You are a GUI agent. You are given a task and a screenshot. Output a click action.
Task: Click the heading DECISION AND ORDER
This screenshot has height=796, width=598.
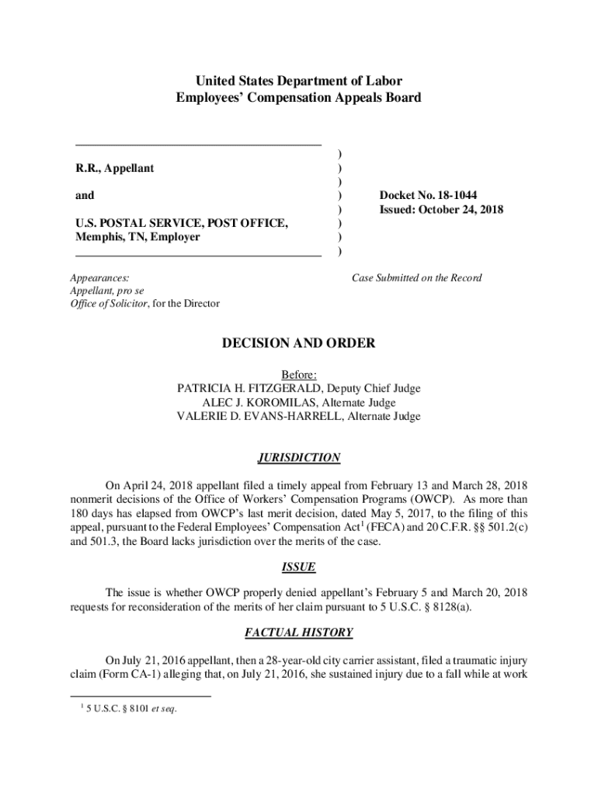(x=299, y=343)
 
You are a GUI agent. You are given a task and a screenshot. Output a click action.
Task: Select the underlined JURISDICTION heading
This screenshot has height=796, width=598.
(x=299, y=458)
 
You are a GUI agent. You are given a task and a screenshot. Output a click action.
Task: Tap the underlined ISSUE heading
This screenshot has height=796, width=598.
(x=299, y=567)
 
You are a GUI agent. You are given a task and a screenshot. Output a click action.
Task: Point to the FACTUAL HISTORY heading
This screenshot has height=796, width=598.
(x=299, y=633)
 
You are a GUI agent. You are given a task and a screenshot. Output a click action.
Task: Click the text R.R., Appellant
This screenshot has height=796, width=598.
(x=114, y=168)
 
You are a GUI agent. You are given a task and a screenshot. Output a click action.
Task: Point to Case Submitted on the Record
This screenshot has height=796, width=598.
(x=417, y=278)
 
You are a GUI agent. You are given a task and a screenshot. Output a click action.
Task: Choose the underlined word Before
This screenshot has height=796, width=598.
(x=299, y=375)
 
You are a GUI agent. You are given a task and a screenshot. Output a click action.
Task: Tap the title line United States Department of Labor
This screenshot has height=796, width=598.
(x=299, y=81)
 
